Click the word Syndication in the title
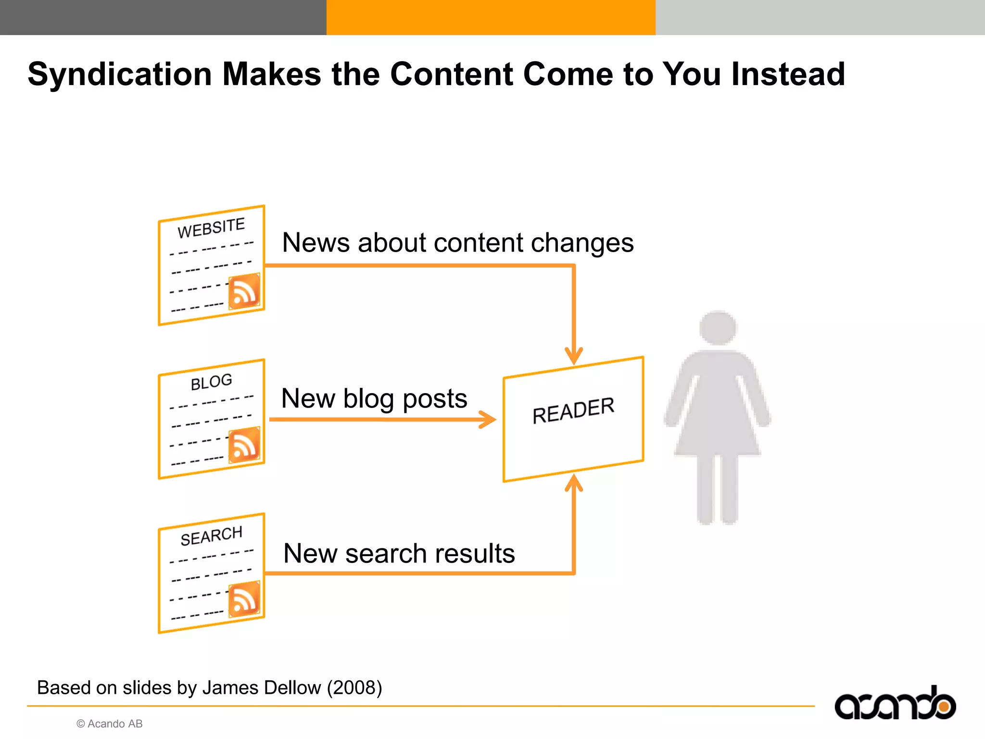point(120,75)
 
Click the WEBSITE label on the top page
point(211,228)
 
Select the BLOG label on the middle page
point(211,382)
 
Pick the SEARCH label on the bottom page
point(211,535)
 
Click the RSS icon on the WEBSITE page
point(244,291)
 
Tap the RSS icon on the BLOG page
point(244,445)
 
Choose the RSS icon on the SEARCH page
point(244,599)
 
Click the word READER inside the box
point(573,410)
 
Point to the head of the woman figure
point(718,328)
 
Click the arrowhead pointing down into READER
point(574,356)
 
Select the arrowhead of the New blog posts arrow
point(488,420)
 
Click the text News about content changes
point(457,242)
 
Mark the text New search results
point(399,553)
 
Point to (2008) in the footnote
point(354,688)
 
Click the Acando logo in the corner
point(895,704)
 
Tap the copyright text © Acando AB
point(110,724)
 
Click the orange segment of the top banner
point(491,17)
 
